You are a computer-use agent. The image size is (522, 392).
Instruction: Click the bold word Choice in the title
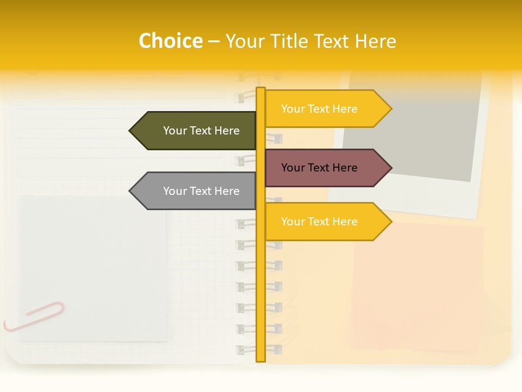(x=170, y=41)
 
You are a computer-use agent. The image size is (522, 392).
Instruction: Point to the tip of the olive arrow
(x=130, y=131)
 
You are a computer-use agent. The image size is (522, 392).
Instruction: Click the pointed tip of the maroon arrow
(x=390, y=168)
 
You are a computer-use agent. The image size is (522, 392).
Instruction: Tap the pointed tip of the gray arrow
(x=130, y=191)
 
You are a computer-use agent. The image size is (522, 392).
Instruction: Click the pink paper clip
(x=34, y=316)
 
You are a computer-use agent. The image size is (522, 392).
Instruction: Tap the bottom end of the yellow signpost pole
(x=260, y=359)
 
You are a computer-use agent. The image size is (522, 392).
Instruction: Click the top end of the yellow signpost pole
(x=260, y=89)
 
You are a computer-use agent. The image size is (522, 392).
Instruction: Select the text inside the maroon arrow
(x=319, y=168)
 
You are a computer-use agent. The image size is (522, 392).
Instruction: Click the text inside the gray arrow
(x=201, y=191)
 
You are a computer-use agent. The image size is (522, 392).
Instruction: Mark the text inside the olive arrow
(x=201, y=131)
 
